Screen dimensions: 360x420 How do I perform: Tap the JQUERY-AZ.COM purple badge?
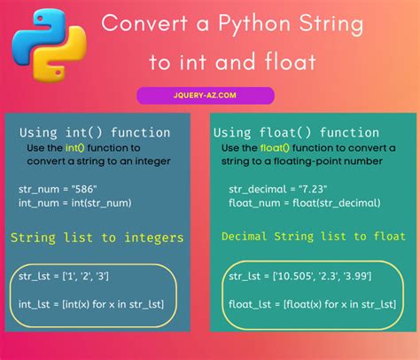point(206,95)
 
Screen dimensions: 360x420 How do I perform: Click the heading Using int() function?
point(95,132)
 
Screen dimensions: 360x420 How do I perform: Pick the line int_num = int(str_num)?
point(74,203)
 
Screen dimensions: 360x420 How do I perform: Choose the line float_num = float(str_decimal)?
point(304,203)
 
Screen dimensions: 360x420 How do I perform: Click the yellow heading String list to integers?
point(97,238)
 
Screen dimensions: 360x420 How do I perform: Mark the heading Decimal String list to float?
point(305,238)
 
